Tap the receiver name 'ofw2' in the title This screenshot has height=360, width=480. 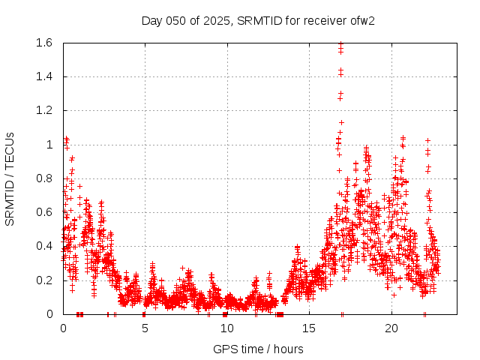[361, 20]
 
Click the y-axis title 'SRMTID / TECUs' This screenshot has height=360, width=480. [10, 178]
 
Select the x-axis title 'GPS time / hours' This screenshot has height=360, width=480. [258, 349]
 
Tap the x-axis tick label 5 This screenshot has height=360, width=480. [145, 328]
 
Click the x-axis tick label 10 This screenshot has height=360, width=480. [226, 328]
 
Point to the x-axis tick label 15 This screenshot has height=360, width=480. [309, 328]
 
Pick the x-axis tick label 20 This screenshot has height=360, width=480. [391, 328]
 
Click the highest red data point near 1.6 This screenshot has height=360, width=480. [340, 44]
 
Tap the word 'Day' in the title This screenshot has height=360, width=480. [151, 20]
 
